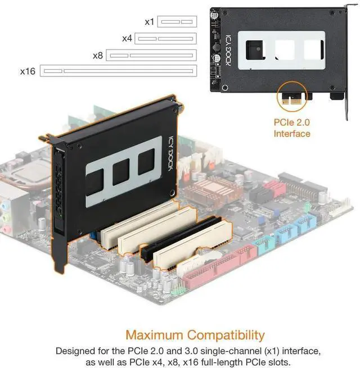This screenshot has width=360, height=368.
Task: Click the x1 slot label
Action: [x=149, y=22]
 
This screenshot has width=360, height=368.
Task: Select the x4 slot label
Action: [x=127, y=39]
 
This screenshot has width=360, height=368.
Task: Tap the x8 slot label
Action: [x=98, y=56]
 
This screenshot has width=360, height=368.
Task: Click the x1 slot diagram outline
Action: [x=177, y=22]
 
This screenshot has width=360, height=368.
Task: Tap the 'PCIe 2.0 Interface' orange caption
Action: [x=292, y=128]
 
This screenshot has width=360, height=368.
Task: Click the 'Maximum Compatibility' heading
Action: [x=195, y=335]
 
